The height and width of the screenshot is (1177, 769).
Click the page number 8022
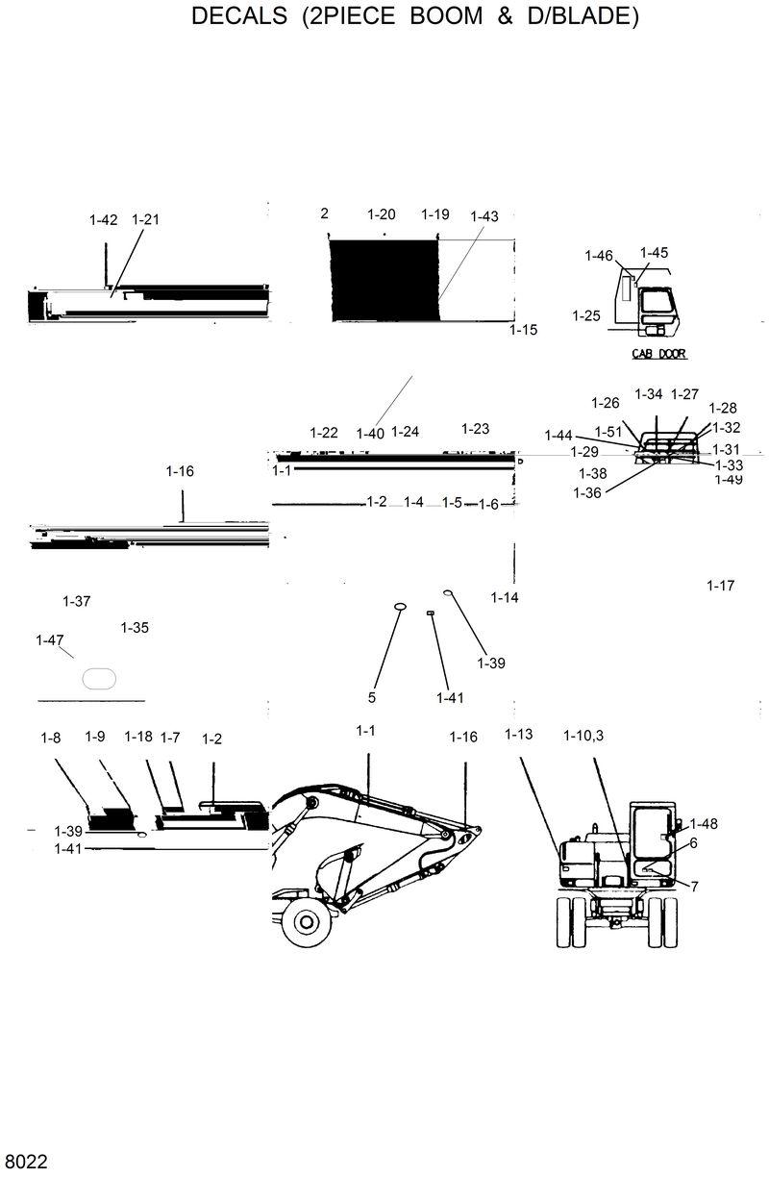point(25,1161)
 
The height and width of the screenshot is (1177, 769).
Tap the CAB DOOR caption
point(658,354)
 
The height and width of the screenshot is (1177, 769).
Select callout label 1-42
point(103,220)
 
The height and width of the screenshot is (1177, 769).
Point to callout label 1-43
point(484,217)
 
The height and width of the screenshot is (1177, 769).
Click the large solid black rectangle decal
point(384,280)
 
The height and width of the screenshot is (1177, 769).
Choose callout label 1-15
point(523,330)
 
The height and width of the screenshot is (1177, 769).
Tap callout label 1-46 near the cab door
point(598,256)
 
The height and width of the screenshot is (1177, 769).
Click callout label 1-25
point(585,315)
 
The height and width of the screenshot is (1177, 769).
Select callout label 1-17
point(720,586)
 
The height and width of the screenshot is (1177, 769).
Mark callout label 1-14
point(505,598)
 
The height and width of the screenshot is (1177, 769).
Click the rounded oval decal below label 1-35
point(99,678)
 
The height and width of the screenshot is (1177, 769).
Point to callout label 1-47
point(49,640)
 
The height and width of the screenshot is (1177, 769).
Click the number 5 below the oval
point(372,697)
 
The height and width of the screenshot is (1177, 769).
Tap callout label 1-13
point(518,736)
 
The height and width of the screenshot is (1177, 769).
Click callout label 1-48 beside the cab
point(704,824)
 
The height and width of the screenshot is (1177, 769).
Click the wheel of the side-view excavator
point(307,922)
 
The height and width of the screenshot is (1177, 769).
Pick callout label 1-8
point(50,738)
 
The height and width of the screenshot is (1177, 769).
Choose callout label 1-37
point(76,602)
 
